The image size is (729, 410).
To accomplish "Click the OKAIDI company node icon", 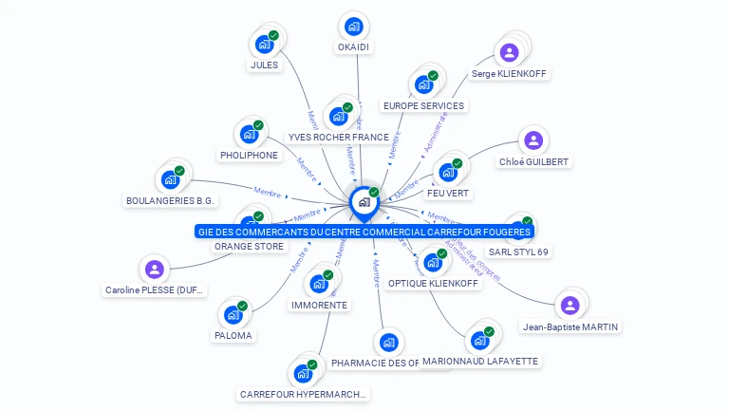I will pos(354,27).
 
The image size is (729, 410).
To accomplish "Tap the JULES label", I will pos(264,65).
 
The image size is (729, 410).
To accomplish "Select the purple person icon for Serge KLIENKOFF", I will pos(509,52).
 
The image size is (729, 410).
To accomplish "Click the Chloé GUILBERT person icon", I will pos(533,140).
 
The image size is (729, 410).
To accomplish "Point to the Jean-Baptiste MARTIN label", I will pos(570,327).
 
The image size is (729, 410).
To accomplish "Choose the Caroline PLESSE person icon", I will pos(155,270).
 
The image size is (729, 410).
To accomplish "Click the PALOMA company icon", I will pos(234,314).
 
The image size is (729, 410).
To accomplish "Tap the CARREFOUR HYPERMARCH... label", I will pos(303,394).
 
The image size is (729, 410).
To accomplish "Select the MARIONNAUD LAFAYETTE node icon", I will pos(479,340).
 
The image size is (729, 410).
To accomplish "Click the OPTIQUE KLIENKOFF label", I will pos(434,283).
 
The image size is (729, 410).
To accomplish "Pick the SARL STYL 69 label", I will pos(518,252).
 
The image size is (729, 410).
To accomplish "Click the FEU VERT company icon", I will pos(448,172).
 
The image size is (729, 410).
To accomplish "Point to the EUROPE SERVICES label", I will pos(423,105).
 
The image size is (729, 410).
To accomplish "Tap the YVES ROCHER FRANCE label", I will pos(338,137).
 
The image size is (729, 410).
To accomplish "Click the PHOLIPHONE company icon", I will pos(250,134).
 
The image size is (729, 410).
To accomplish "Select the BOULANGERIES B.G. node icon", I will pos(171,179).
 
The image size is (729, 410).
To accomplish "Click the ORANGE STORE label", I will pos(249,247).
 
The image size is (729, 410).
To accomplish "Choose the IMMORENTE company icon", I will pos(319,283).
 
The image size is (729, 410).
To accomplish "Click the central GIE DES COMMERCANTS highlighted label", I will pos(364,231).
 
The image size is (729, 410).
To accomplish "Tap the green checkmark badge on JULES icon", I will pos(273,36).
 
